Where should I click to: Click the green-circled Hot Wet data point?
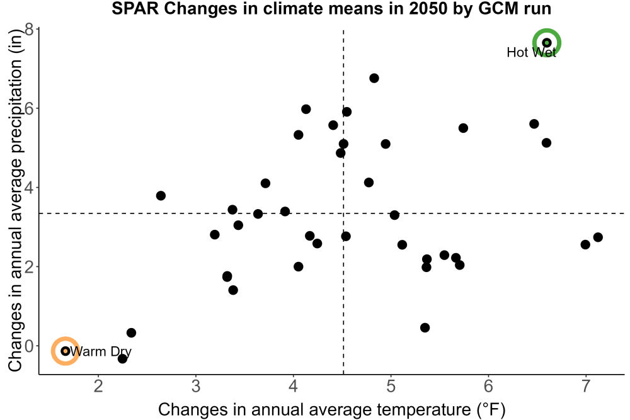click(546, 43)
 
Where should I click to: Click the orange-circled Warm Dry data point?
click(65, 351)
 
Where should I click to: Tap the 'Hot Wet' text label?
click(531, 52)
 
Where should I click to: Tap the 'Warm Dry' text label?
click(100, 351)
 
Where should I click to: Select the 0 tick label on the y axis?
click(30, 346)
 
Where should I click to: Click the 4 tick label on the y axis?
click(30, 188)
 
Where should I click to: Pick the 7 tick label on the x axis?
click(585, 386)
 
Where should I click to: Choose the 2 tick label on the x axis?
click(98, 386)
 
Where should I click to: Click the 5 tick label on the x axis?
click(391, 386)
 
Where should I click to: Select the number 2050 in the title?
click(428, 9)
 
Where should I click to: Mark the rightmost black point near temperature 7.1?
click(598, 237)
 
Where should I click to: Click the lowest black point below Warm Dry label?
click(123, 358)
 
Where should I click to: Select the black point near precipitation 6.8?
click(374, 78)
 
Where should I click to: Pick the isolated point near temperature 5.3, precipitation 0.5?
click(425, 327)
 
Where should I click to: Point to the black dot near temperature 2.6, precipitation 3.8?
click(161, 196)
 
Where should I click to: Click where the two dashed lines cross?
click(343, 213)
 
